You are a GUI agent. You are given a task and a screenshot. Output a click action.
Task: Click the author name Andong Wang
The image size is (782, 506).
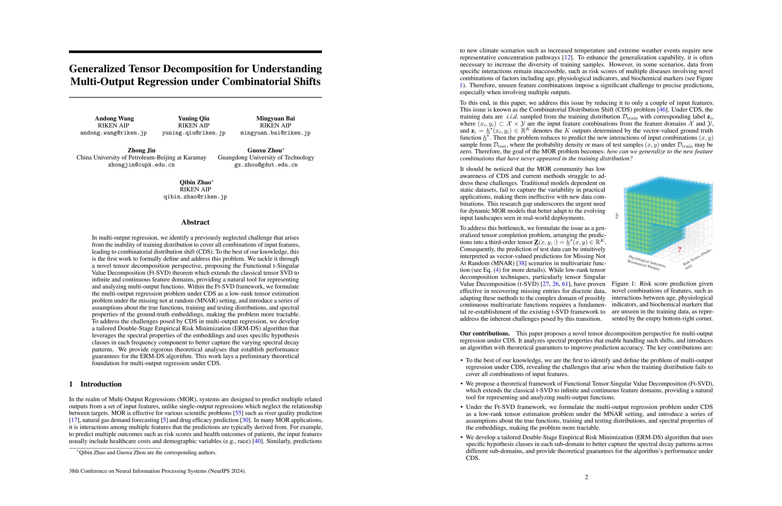click(114, 118)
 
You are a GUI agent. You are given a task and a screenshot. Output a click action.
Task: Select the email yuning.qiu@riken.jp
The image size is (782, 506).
click(194, 133)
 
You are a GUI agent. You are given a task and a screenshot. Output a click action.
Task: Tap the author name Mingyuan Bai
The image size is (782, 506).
click(275, 118)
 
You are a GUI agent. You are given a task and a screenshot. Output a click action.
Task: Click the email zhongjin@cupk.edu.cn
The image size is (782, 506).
click(141, 165)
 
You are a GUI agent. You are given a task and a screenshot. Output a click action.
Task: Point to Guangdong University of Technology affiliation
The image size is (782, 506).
click(266, 157)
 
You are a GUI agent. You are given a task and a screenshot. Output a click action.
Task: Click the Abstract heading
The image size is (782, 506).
click(195, 222)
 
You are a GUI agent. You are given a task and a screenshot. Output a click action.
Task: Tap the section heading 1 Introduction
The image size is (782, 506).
click(95, 384)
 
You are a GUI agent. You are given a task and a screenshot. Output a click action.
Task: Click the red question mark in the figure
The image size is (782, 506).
click(679, 250)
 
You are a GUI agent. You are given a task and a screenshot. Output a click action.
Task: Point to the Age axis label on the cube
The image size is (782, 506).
click(617, 216)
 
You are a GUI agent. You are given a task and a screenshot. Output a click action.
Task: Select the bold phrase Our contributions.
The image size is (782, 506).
click(485, 333)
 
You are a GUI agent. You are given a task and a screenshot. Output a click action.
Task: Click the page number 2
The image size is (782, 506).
click(586, 477)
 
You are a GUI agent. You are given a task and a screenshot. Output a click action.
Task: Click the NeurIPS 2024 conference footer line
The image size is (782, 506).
click(157, 471)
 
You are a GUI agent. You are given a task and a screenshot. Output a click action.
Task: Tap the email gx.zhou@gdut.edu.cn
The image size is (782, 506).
click(266, 165)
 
